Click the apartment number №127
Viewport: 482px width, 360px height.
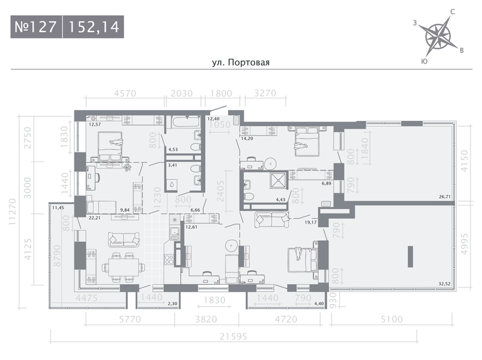click(x=36, y=28)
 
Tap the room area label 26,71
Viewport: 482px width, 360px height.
click(x=445, y=198)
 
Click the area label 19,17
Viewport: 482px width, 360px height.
click(x=310, y=222)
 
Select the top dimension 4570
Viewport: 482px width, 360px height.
click(x=126, y=93)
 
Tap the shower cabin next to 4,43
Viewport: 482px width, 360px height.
click(x=278, y=180)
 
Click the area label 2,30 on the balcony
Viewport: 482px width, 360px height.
click(x=172, y=303)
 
